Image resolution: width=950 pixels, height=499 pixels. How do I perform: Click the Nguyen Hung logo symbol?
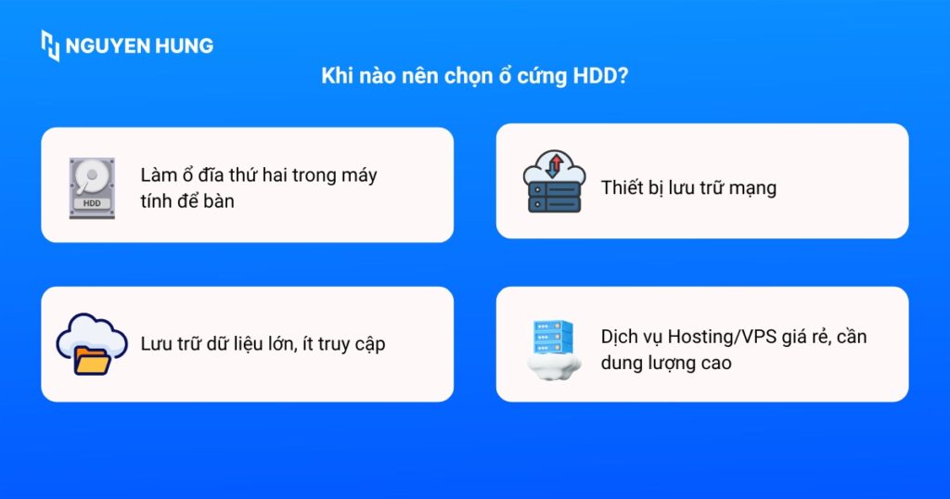point(50,45)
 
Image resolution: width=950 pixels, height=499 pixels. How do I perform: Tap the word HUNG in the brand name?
point(185,45)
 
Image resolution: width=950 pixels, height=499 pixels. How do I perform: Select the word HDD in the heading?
point(590,77)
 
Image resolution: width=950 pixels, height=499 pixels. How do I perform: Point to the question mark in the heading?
point(623,77)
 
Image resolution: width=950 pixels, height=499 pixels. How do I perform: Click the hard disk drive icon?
point(91,188)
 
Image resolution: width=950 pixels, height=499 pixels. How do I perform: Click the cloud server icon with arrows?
point(553,183)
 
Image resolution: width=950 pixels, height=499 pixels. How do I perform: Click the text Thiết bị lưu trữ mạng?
point(688,188)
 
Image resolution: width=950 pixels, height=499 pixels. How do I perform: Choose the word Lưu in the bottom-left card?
point(158,344)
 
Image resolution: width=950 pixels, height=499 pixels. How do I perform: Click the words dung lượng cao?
point(666,363)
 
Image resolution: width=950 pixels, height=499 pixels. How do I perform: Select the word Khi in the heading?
point(336,77)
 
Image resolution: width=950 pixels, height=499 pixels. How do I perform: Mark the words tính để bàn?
point(187,200)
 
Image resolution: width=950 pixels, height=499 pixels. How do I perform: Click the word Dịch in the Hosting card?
point(620,337)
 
